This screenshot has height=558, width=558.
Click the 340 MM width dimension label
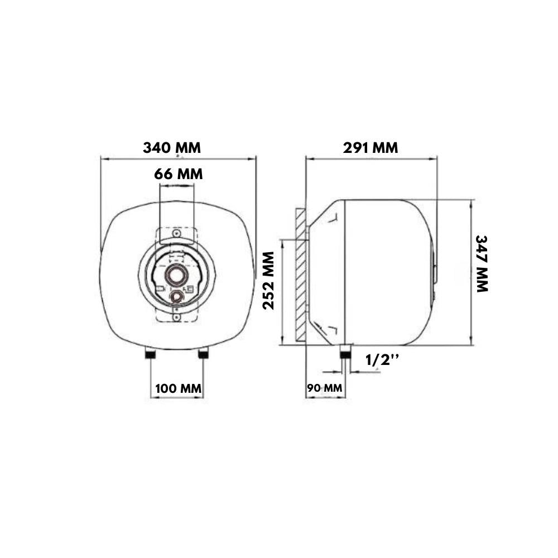click(x=172, y=148)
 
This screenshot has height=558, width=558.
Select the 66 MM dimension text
click(x=179, y=174)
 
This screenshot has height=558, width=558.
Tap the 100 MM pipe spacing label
click(x=179, y=388)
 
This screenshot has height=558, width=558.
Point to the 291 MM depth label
click(x=371, y=148)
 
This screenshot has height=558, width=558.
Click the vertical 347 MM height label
click(x=482, y=264)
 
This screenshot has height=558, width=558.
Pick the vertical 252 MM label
click(x=268, y=281)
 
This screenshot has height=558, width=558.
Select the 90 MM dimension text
click(x=325, y=388)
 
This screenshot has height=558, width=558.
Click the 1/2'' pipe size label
click(x=382, y=360)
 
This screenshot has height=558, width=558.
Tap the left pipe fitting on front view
click(x=150, y=354)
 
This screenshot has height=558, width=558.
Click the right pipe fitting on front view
click(x=203, y=354)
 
